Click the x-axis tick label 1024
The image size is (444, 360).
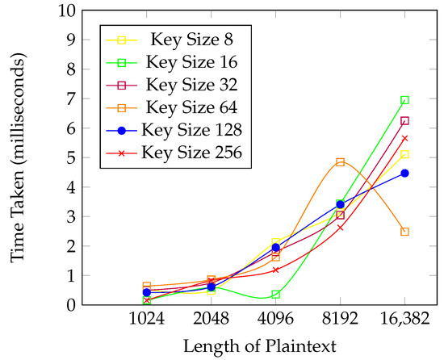point(146,318)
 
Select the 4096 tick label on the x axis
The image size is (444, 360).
point(275,318)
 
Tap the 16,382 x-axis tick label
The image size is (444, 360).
point(404,319)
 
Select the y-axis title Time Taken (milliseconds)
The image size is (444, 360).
point(18,159)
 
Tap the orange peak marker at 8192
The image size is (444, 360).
point(340,162)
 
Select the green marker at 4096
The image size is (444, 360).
point(275,295)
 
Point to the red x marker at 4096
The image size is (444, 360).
point(275,270)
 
